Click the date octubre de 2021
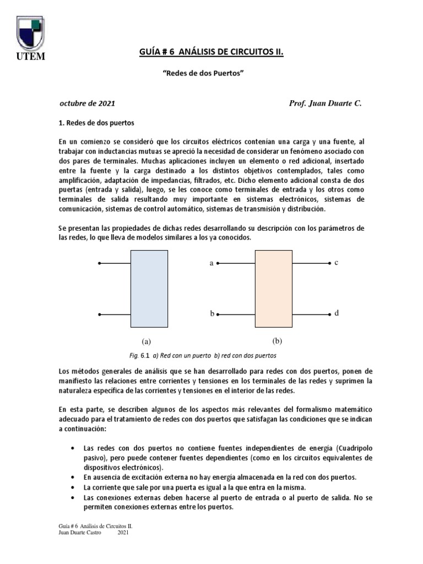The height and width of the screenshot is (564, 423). point(87,103)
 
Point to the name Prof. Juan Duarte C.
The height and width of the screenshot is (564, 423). point(325,103)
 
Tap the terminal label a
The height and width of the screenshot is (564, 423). point(211,264)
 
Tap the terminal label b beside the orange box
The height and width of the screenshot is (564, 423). point(211,314)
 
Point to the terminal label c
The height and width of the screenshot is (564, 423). point(336,263)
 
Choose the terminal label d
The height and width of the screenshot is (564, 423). point(336,313)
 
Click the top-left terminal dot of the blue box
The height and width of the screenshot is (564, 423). point(99,264)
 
